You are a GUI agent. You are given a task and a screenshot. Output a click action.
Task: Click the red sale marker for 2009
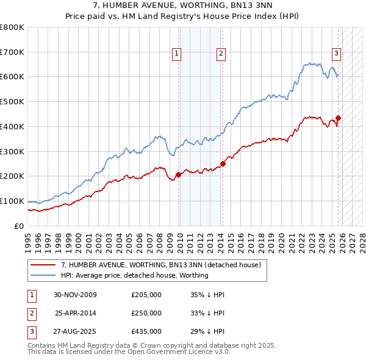tap(178, 175)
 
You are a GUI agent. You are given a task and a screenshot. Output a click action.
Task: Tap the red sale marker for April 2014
tap(223, 164)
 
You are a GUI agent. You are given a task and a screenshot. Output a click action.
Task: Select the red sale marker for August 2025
tap(338, 118)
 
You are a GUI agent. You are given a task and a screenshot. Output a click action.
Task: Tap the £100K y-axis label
tap(12, 201)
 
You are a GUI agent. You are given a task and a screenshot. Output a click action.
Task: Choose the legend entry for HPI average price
tap(135, 275)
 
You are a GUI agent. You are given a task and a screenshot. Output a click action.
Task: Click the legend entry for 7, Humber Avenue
tap(161, 265)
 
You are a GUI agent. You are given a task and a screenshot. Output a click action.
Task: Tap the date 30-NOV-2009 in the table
tap(75, 295)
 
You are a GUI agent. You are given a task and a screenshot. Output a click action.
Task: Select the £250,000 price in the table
tap(146, 313)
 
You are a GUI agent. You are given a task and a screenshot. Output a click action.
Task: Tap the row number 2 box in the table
tap(30, 313)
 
